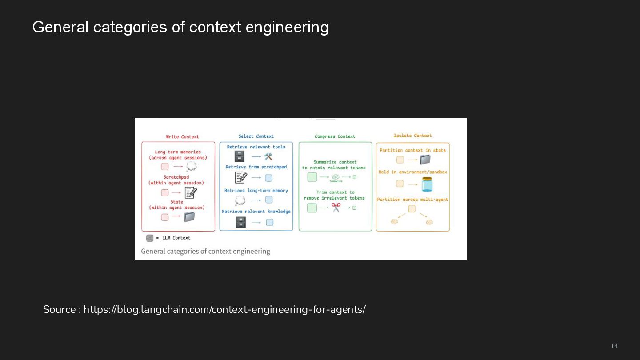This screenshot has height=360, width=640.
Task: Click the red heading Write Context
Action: [x=182, y=137]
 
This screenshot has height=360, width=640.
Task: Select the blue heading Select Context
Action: [x=256, y=136]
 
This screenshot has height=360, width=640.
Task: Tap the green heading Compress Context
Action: [x=335, y=136]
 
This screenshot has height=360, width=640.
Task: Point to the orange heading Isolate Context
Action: [x=412, y=136]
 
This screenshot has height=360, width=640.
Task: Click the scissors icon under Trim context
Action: [x=336, y=208]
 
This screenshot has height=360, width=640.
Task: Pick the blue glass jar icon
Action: [x=427, y=184]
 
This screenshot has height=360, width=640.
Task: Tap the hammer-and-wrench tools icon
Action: [x=268, y=156]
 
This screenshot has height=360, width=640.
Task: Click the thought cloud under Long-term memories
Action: [x=191, y=167]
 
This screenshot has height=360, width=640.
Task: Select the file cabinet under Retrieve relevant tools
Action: [x=240, y=156]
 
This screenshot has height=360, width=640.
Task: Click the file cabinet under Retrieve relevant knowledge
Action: [x=241, y=222]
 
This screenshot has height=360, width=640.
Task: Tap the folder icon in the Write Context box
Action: [x=190, y=217]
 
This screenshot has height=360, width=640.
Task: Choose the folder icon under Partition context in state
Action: [x=425, y=160]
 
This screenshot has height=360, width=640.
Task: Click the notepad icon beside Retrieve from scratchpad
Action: [x=241, y=178]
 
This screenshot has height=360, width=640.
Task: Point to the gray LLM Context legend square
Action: [x=150, y=238]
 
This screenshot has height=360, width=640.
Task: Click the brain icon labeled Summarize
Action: [x=336, y=177]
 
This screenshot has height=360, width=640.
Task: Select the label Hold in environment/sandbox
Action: [x=412, y=172]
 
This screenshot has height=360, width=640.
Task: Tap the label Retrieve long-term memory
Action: [x=256, y=191]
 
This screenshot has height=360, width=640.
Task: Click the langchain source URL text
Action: [x=224, y=309]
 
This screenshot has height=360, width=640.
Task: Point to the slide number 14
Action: [x=614, y=346]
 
